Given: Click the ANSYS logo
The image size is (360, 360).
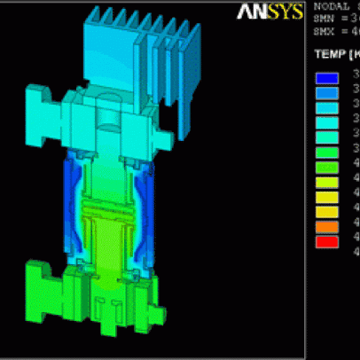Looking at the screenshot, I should [270, 12].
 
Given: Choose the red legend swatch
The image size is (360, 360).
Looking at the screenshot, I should [327, 241].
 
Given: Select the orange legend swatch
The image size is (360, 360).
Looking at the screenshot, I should [327, 226].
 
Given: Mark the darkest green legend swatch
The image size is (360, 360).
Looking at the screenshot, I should [327, 151].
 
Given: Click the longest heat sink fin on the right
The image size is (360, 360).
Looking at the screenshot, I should [185, 89].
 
